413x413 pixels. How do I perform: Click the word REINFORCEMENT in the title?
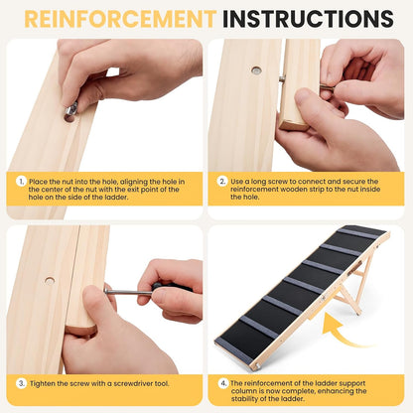click(120, 19)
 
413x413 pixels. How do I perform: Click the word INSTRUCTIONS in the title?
click(308, 19)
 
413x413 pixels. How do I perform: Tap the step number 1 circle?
click(21, 182)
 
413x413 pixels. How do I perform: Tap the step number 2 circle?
click(222, 182)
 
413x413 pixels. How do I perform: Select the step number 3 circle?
click(21, 383)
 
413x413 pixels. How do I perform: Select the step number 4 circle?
click(223, 383)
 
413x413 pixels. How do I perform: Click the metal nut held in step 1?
click(71, 108)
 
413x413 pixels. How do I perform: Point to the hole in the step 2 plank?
click(256, 70)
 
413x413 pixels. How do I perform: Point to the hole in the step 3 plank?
click(50, 281)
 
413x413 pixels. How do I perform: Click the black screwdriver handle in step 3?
click(172, 287)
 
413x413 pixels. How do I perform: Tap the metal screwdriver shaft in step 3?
click(128, 292)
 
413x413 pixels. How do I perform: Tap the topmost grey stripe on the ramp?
click(358, 233)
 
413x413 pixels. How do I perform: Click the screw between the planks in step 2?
click(282, 78)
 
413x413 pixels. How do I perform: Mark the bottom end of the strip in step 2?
click(293, 126)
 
